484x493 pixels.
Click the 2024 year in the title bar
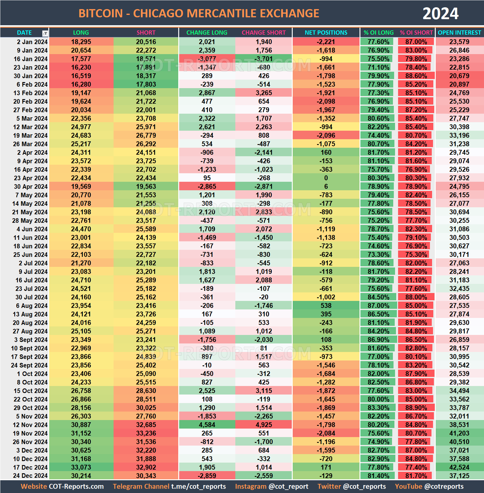[x=440, y=13]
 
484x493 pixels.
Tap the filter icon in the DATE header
[x=45, y=33]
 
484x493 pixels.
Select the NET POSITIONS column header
[x=326, y=33]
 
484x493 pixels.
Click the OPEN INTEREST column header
[x=459, y=33]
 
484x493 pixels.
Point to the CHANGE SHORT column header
[x=264, y=33]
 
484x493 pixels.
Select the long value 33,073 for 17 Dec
[x=81, y=467]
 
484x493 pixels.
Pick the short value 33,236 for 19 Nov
[x=146, y=433]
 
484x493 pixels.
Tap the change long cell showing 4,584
[x=207, y=425]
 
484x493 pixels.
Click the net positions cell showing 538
[x=326, y=305]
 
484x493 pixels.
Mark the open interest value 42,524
[x=459, y=467]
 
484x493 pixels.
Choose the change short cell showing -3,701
[x=264, y=59]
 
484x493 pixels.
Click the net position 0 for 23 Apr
[x=326, y=178]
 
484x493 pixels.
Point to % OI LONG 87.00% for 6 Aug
[x=378, y=305]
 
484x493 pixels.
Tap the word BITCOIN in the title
[x=101, y=13]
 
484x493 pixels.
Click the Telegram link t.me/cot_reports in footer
[x=198, y=486]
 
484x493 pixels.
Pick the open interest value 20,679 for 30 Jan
[x=459, y=76]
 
